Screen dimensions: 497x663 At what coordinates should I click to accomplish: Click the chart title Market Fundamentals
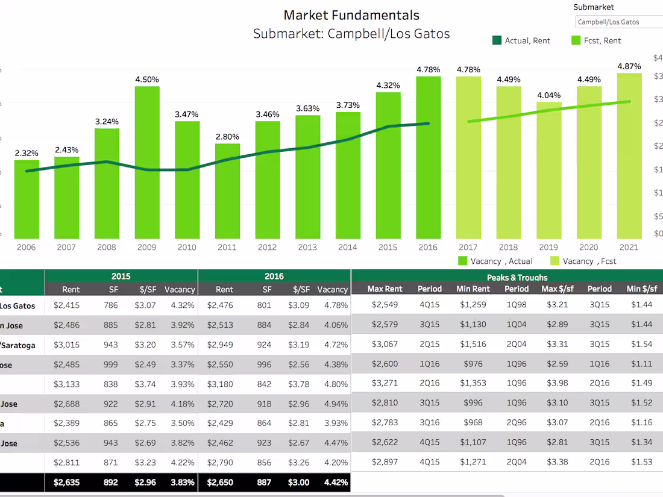coord(351,15)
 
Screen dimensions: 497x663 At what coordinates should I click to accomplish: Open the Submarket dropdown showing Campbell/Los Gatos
coord(618,22)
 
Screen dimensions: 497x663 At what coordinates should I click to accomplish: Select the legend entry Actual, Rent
coord(521,40)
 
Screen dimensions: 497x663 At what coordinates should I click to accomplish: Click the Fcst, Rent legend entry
coord(595,40)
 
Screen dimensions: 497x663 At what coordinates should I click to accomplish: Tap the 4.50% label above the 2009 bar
coord(147,80)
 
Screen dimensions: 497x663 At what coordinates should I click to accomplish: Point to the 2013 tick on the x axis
coord(307,247)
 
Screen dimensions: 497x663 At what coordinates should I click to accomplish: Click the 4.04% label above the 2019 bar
coord(548,95)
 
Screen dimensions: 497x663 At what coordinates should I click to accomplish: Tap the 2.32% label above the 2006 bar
coord(27,153)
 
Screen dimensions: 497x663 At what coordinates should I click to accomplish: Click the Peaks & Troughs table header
coord(517,277)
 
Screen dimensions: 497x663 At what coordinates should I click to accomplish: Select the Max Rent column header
coord(385,289)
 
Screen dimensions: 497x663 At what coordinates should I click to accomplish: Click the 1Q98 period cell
coord(517,305)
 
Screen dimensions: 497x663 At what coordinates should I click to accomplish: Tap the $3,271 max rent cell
coord(385,383)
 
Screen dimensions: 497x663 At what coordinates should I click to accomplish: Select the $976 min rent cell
coord(473,364)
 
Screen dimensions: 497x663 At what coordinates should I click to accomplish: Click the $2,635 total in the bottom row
coord(66,483)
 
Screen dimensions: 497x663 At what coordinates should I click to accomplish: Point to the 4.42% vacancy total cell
coord(333,483)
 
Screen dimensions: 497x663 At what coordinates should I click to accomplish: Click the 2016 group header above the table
coord(274,277)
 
